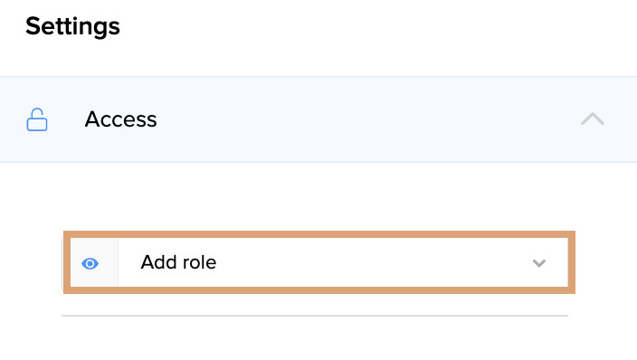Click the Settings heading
pyautogui.click(x=72, y=27)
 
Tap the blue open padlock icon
pyautogui.click(x=37, y=119)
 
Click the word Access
pyautogui.click(x=120, y=119)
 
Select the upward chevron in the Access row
pyautogui.click(x=593, y=118)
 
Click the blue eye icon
pyautogui.click(x=90, y=264)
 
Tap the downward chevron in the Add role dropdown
pyautogui.click(x=539, y=263)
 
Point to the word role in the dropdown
pyautogui.click(x=199, y=262)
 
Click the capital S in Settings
pyautogui.click(x=33, y=27)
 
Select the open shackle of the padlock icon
pyautogui.click(x=38, y=112)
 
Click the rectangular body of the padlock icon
pyautogui.click(x=37, y=124)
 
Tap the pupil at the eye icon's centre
pyautogui.click(x=90, y=264)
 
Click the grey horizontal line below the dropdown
pyautogui.click(x=315, y=316)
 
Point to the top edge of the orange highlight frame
pyautogui.click(x=319, y=234)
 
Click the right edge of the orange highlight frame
pyautogui.click(x=572, y=262)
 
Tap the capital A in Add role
pyautogui.click(x=147, y=262)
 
